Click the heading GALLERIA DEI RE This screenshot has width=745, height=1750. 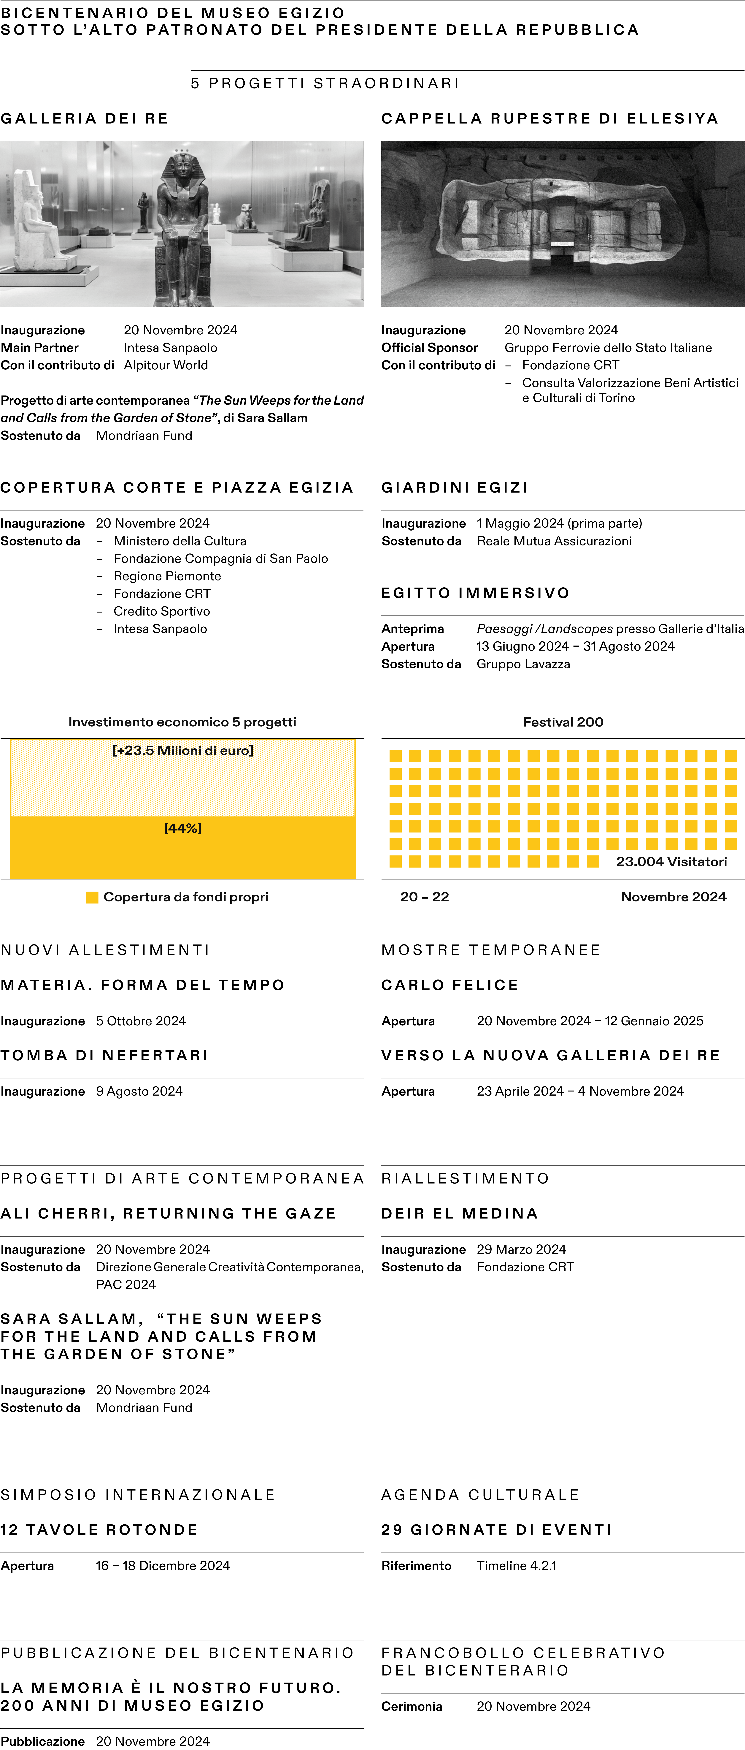point(84,118)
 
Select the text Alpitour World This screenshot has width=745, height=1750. point(166,365)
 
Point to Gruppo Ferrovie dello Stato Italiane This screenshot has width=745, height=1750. point(608,347)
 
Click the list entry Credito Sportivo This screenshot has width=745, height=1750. point(162,611)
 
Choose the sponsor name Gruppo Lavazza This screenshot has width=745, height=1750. point(523,664)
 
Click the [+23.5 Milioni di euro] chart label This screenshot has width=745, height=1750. point(183,750)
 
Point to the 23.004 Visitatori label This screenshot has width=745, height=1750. point(671,861)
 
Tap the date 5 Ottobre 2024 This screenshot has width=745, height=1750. point(141,1020)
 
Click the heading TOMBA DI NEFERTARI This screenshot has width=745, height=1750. point(104,1055)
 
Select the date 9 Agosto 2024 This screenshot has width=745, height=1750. point(139,1091)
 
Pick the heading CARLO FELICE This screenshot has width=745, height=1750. point(449,985)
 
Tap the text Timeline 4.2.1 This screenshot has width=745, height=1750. point(516,1565)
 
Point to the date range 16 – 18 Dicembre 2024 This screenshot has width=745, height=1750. point(163,1565)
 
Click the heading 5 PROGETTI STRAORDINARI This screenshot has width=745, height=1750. point(325,83)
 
